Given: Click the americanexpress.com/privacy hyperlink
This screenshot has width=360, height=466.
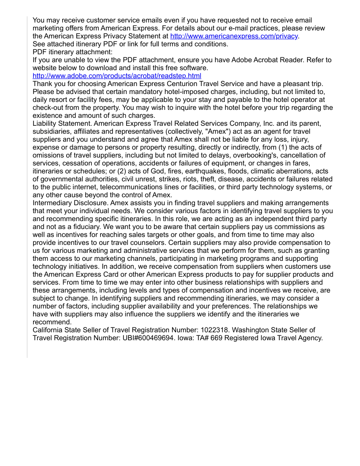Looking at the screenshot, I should (234, 36).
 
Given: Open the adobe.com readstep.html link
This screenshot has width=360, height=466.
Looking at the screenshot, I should (117, 76).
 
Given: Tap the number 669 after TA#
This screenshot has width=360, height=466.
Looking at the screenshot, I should (214, 338).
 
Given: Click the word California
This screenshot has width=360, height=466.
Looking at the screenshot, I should (49, 330).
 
